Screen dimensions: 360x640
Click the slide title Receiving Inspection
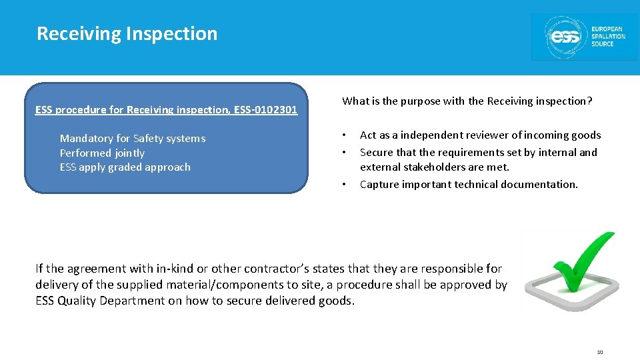[127, 33]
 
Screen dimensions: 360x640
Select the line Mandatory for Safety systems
[133, 139]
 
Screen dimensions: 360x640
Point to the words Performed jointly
[102, 153]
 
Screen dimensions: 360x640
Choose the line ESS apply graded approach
[125, 167]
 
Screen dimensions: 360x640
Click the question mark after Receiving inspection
[590, 101]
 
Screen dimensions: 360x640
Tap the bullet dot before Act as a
[344, 135]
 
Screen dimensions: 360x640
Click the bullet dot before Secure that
[344, 153]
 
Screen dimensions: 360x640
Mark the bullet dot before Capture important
[344, 185]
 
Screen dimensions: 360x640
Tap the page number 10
[599, 351]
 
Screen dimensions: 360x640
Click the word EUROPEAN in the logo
[607, 29]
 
